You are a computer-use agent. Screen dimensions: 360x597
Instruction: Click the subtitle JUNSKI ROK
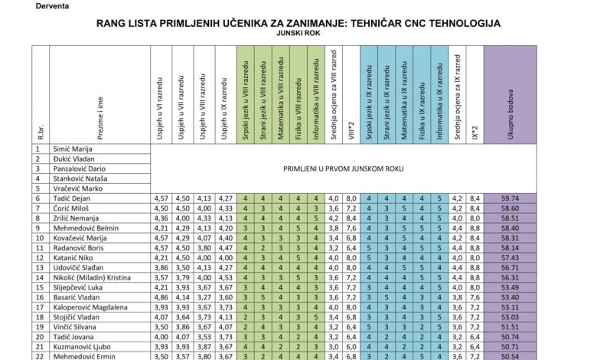point(298,34)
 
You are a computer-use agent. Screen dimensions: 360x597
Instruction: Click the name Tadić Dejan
point(73,198)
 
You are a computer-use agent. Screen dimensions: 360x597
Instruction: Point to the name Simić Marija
point(74,148)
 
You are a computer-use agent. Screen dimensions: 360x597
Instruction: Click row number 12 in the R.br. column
point(37,257)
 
